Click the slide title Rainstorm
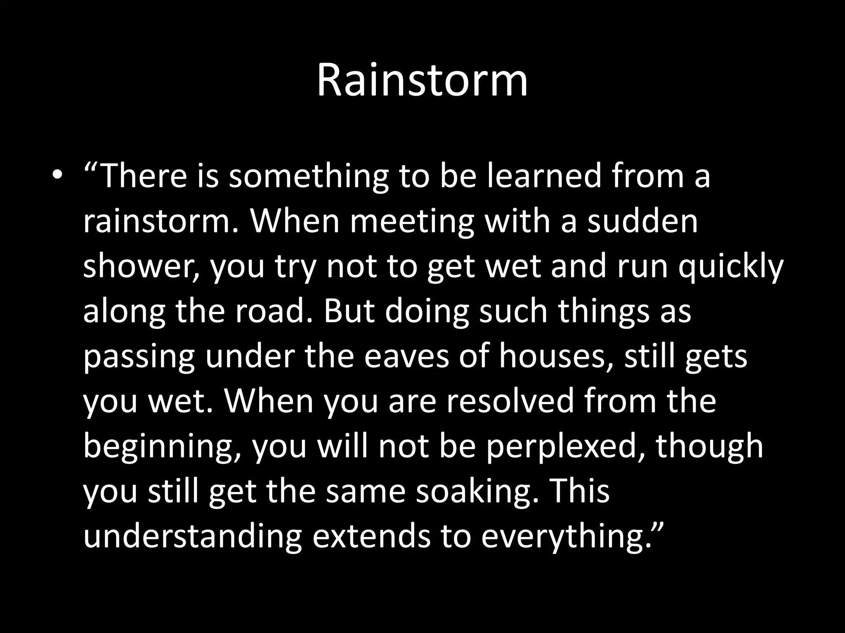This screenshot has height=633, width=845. tap(422, 81)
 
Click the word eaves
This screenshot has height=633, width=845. tap(406, 357)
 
